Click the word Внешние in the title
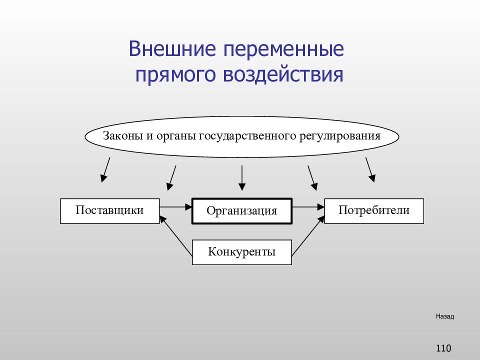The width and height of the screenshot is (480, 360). coord(172,48)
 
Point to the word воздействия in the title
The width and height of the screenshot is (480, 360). coord(283,74)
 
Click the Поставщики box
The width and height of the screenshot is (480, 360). coord(110,211)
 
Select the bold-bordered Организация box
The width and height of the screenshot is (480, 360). coord(242,211)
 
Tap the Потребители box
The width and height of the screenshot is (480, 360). coord(374,211)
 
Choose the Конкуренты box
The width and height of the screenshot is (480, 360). coord(242,252)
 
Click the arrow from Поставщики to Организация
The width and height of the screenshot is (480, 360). coord(175,207)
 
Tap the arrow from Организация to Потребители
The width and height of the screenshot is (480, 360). coord(308,207)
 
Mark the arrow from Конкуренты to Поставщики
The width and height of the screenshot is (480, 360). coord(176,235)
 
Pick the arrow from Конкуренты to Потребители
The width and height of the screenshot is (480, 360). coord(308,235)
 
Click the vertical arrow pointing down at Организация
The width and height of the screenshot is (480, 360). coord(242,178)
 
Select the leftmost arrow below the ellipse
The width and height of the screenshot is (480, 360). coord(105,170)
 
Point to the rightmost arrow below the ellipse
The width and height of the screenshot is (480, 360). coord(370,170)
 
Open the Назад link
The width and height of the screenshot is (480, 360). coord(445,316)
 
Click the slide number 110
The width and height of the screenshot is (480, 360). coord(443,348)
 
